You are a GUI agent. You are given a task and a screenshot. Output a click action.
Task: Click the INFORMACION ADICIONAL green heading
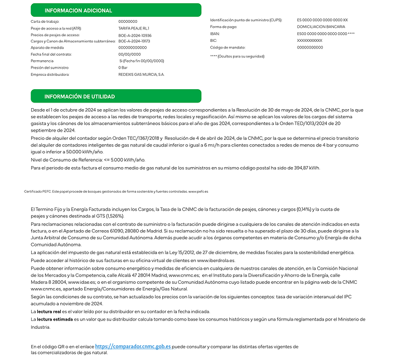click(x=78, y=11)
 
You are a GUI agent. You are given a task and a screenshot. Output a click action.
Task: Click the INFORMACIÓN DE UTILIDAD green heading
click(x=79, y=96)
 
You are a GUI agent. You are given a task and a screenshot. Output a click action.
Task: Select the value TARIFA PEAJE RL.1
click(x=134, y=27)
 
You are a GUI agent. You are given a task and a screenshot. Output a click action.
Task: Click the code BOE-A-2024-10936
click(x=134, y=35)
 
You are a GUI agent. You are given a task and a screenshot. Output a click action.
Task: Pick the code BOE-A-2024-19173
click(x=134, y=41)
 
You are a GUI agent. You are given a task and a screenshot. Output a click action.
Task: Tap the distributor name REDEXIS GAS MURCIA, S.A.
click(x=142, y=74)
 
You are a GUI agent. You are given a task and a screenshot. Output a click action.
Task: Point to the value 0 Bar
click(x=124, y=67)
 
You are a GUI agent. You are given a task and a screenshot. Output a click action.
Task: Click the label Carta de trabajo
click(x=45, y=21)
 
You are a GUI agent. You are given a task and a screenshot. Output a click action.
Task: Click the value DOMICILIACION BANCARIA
click(x=320, y=27)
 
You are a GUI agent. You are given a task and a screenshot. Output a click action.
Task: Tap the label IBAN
click(x=215, y=33)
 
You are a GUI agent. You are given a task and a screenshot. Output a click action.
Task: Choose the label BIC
click(x=214, y=40)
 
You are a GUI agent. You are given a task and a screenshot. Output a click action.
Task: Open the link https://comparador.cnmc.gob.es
click(x=133, y=346)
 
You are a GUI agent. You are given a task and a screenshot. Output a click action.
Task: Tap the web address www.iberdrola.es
click(x=216, y=260)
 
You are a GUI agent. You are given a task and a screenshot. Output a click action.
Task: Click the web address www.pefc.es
click(x=198, y=191)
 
